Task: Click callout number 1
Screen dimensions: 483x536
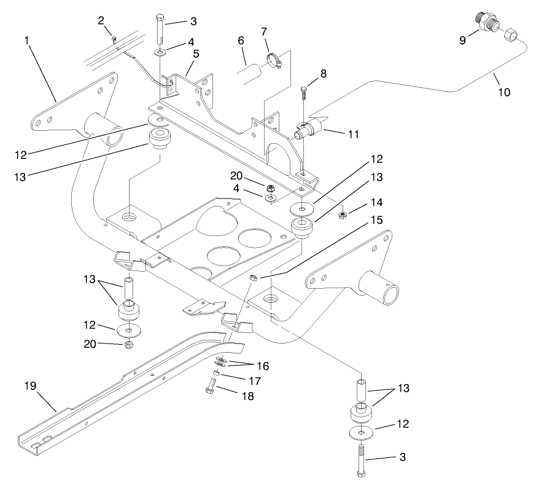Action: pos(27,41)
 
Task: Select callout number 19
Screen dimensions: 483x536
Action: pos(31,386)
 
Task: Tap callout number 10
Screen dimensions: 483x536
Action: pos(503,93)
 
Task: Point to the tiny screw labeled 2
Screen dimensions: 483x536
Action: pos(114,40)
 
